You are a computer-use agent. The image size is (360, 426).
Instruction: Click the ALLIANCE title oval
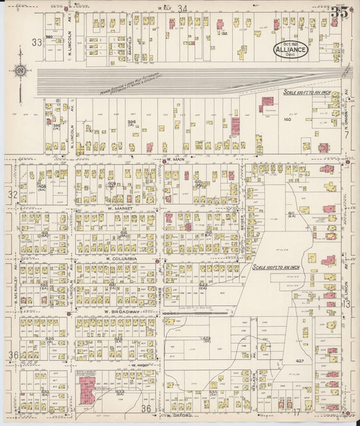291,49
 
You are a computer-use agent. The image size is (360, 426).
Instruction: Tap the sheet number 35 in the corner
340,12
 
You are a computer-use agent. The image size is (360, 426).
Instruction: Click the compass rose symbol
20,72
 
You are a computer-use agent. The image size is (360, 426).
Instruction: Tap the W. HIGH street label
139,365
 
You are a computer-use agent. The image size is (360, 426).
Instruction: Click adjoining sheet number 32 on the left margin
11,194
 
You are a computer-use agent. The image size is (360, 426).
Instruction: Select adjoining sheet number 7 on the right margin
346,135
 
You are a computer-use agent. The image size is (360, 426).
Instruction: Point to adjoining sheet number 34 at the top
182,7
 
